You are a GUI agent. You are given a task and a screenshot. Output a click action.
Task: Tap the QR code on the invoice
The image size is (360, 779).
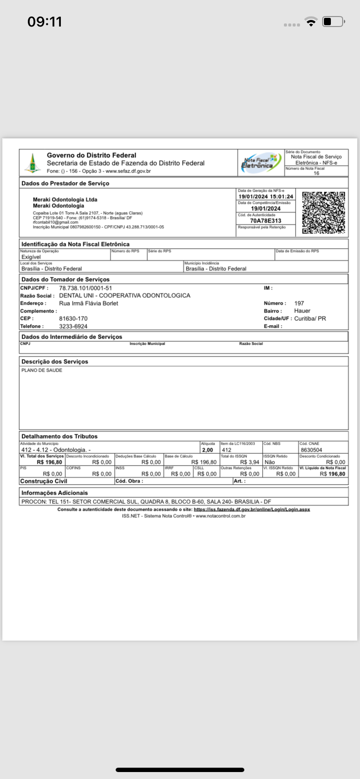(x=323, y=213)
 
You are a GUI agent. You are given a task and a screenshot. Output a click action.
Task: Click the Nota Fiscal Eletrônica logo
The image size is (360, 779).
(x=260, y=163)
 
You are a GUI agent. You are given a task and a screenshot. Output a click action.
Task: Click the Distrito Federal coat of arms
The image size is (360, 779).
(x=32, y=163)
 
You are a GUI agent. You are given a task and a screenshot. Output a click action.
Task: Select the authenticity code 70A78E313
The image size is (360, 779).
(x=266, y=221)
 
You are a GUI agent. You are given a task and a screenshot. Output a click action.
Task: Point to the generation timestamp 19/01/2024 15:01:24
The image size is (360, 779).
(x=266, y=196)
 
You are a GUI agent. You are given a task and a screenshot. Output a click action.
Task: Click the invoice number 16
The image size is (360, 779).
(x=316, y=173)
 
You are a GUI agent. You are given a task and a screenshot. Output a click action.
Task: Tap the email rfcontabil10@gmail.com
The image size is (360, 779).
(x=56, y=222)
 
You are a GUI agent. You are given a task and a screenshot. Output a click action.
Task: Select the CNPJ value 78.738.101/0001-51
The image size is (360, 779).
(x=85, y=288)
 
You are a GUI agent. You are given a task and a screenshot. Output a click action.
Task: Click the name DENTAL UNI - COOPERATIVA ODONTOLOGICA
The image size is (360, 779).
(x=124, y=296)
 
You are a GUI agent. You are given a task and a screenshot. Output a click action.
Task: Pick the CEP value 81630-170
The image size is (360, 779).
(x=73, y=319)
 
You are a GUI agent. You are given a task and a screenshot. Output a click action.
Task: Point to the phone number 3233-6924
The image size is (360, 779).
(x=73, y=326)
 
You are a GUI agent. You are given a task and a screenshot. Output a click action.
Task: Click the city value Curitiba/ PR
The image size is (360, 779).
(x=310, y=319)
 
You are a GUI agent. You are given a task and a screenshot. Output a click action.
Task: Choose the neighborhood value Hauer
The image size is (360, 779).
(x=302, y=311)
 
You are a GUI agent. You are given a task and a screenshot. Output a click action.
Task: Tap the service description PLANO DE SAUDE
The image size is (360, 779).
(x=42, y=370)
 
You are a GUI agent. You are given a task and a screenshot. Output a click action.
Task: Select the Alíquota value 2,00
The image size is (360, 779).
(x=207, y=450)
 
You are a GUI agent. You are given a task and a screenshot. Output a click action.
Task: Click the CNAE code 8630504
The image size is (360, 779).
(x=311, y=450)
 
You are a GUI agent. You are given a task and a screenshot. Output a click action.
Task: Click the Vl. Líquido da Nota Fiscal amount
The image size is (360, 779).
(x=332, y=474)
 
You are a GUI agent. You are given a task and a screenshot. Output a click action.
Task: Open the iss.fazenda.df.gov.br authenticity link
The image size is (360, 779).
(x=252, y=509)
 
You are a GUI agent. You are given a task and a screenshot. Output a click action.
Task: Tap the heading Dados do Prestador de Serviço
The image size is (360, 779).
(x=65, y=183)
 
